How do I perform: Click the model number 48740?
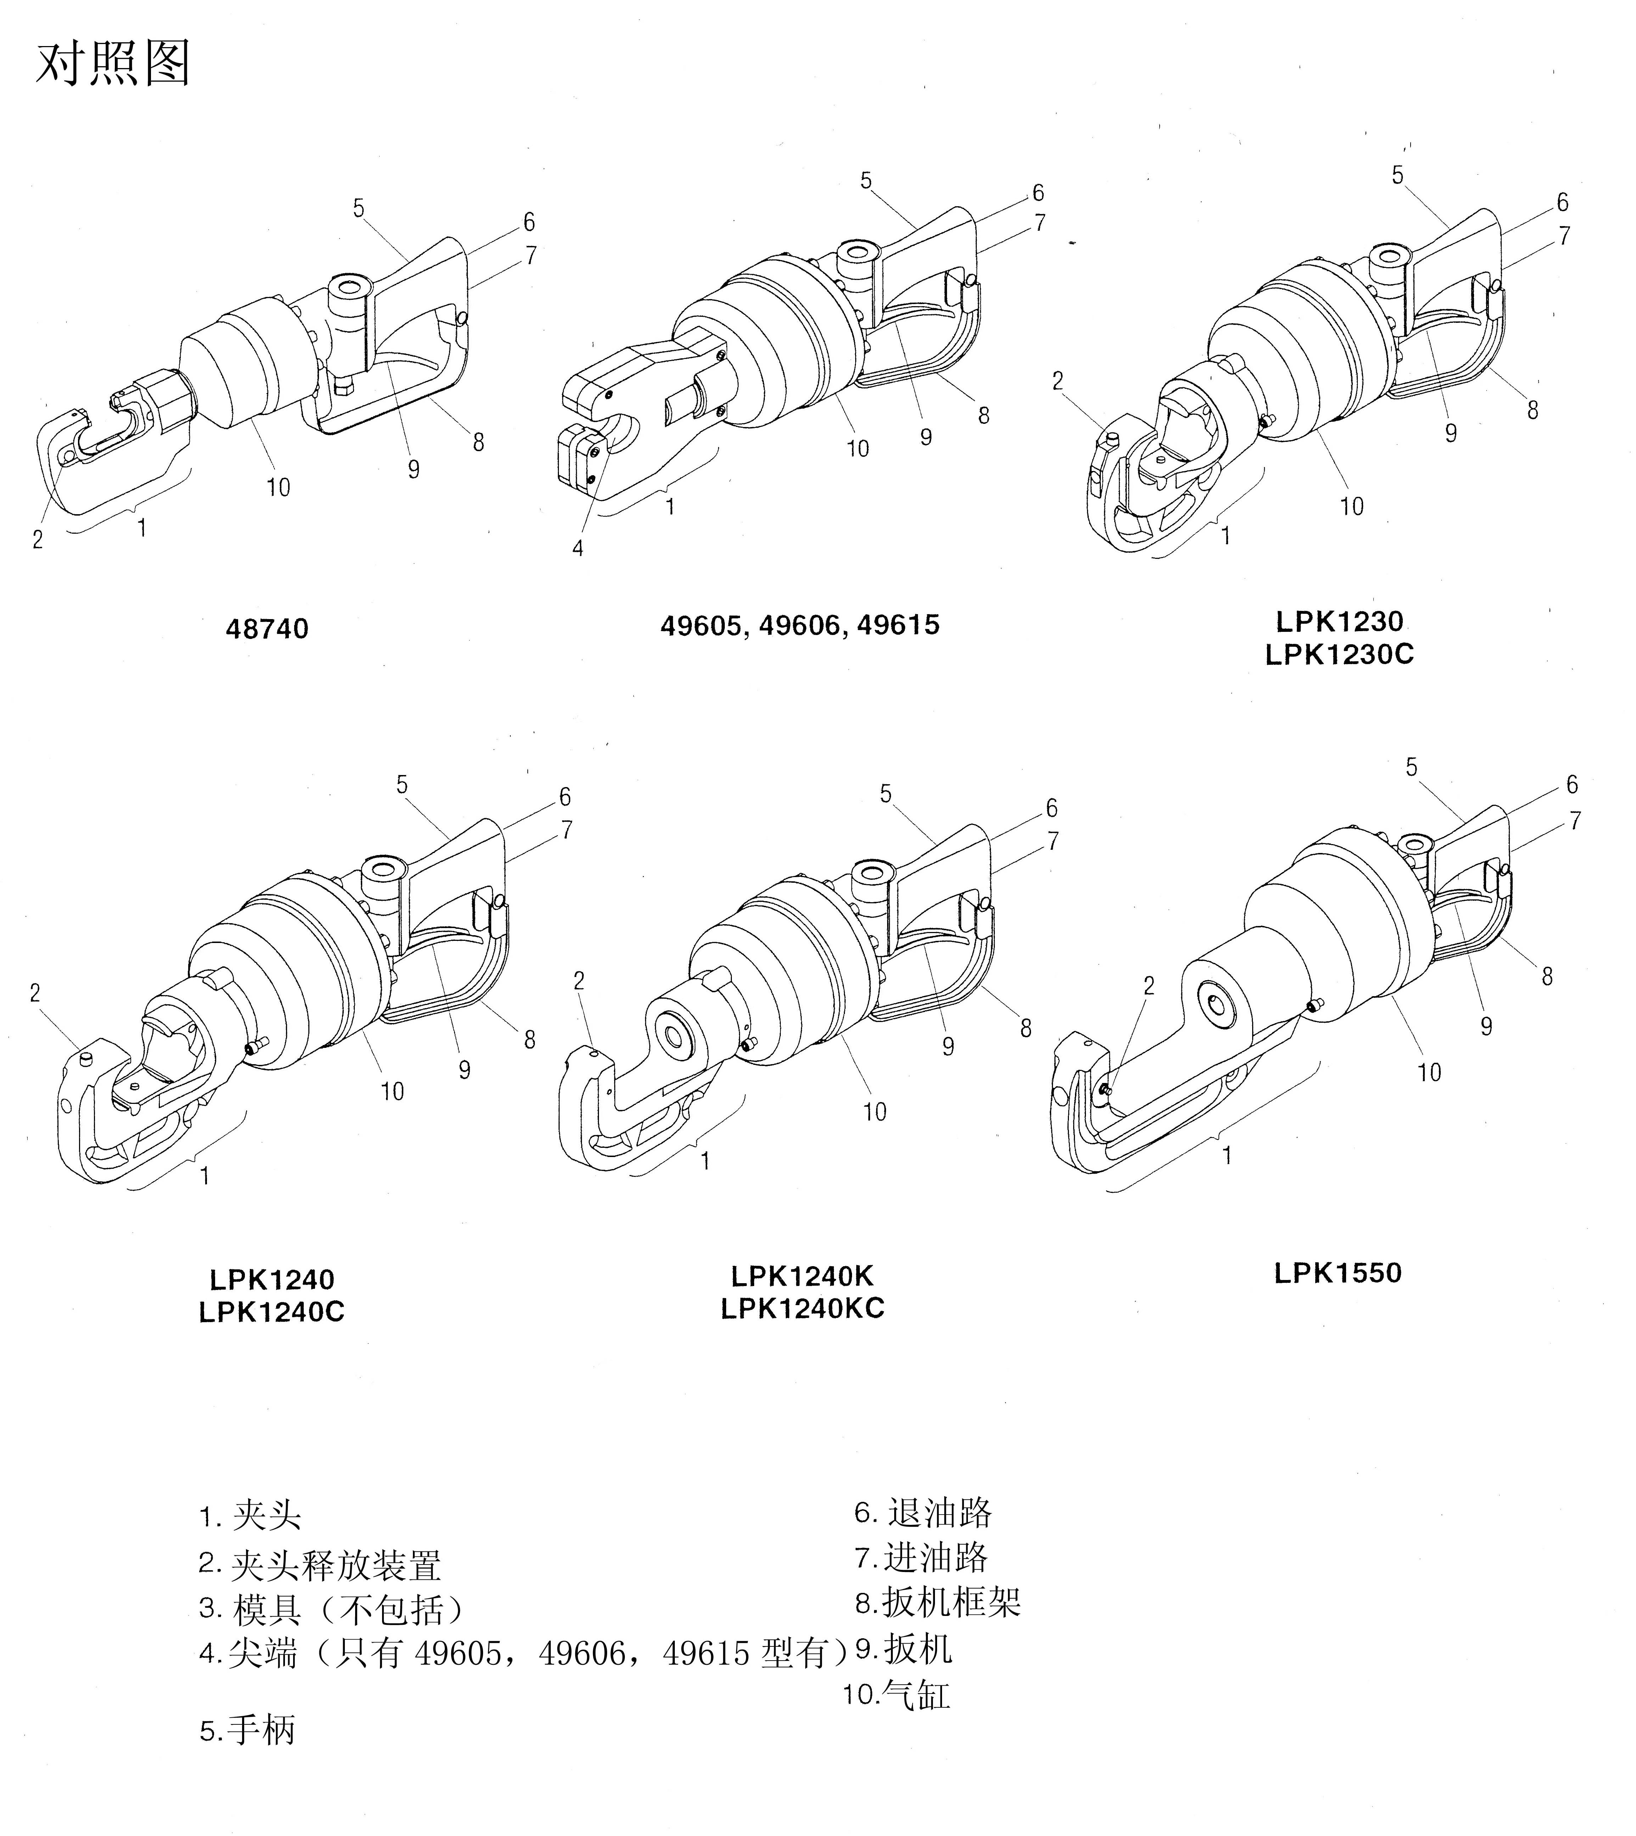pyautogui.click(x=267, y=628)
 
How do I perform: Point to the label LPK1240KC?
pyautogui.click(x=803, y=1308)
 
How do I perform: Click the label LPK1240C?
pyautogui.click(x=271, y=1312)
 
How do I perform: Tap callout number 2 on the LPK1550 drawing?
pyautogui.click(x=1149, y=986)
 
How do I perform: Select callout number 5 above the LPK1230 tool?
pyautogui.click(x=1397, y=175)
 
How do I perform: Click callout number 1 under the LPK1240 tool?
pyautogui.click(x=205, y=1175)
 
